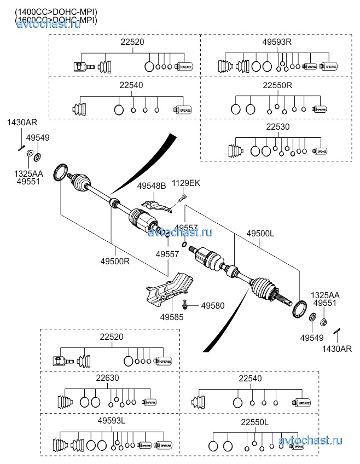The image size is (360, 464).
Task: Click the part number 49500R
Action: (x=114, y=260)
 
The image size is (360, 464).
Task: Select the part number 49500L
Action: (x=260, y=233)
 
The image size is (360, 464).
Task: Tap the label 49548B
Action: (x=152, y=186)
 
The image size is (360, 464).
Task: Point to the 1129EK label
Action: (x=186, y=183)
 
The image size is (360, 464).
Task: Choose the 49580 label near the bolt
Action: (x=212, y=305)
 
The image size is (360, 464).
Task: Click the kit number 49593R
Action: (x=277, y=42)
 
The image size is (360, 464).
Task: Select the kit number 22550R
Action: (x=277, y=85)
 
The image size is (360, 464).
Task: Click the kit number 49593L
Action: (x=112, y=420)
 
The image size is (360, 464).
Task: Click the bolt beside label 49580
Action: (x=187, y=304)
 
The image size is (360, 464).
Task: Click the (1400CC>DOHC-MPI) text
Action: (x=56, y=11)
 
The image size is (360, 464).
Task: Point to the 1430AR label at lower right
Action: (x=336, y=349)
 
